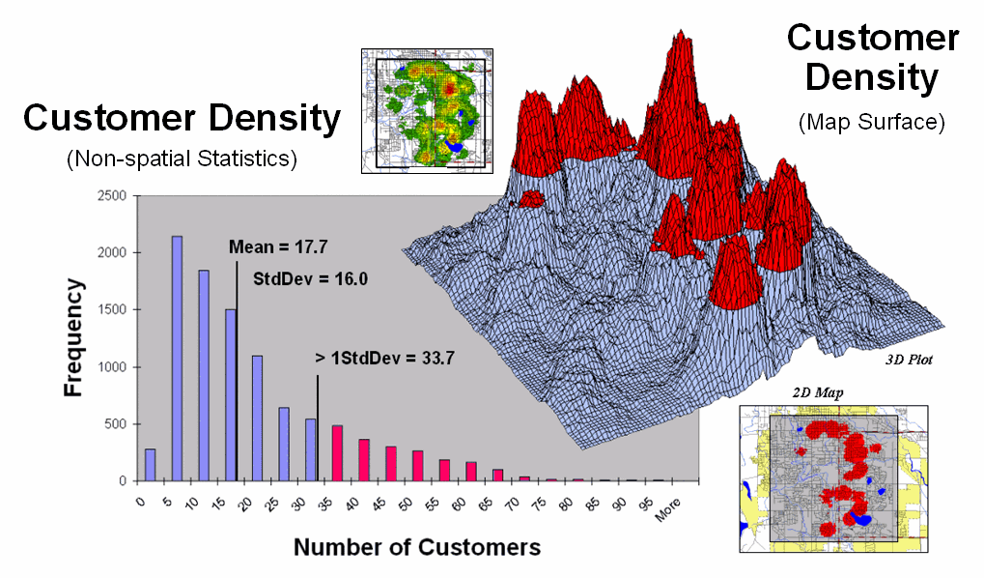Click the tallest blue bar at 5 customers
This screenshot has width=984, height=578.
click(x=177, y=359)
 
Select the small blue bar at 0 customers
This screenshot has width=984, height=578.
click(x=150, y=465)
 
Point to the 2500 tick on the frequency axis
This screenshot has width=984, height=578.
click(x=113, y=196)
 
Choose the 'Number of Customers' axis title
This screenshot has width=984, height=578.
click(x=417, y=547)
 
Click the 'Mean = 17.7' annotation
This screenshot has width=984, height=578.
click(x=277, y=246)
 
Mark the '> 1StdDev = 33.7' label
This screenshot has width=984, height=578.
click(x=384, y=358)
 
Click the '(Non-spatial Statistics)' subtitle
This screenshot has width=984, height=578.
click(x=181, y=159)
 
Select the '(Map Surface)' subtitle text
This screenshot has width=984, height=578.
click(x=871, y=122)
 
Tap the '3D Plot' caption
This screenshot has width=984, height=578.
click(x=913, y=360)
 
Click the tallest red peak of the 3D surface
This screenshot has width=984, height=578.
click(x=682, y=58)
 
